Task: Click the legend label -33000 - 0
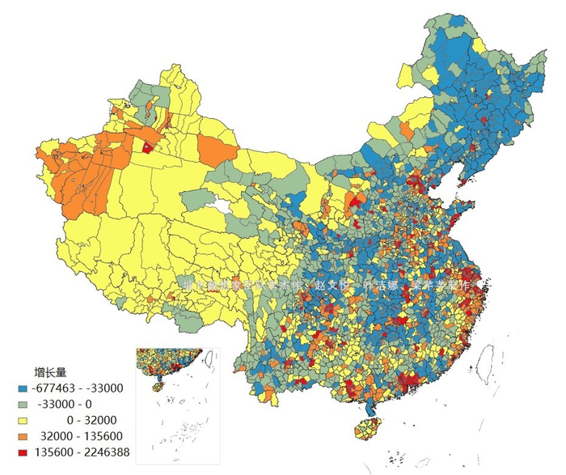pos(65,404)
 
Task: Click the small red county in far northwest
pos(148,147)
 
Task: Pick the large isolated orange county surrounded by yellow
pos(216,151)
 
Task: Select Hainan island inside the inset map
pos(158,388)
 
